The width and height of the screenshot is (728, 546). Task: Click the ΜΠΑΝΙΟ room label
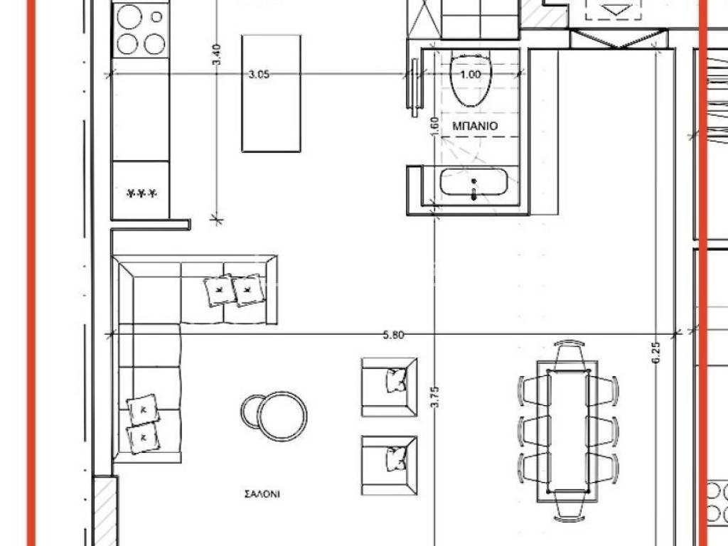pyautogui.click(x=474, y=126)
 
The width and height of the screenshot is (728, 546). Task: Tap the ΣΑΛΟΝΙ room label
pyautogui.click(x=262, y=494)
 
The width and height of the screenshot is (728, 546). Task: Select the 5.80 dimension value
pyautogui.click(x=393, y=335)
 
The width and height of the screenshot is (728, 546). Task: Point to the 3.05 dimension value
pyautogui.click(x=259, y=74)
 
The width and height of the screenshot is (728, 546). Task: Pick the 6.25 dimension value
pyautogui.click(x=655, y=354)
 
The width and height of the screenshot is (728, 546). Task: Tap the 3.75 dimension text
pyautogui.click(x=435, y=397)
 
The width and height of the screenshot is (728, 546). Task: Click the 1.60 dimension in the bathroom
pyautogui.click(x=434, y=127)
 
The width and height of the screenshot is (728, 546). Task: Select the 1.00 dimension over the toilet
pyautogui.click(x=470, y=74)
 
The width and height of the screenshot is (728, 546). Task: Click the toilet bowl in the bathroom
pyautogui.click(x=471, y=80)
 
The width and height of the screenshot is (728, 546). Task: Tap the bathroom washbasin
pyautogui.click(x=473, y=181)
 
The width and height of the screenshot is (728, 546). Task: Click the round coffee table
pyautogui.click(x=282, y=416)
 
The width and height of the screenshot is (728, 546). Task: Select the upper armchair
pyautogui.click(x=390, y=387)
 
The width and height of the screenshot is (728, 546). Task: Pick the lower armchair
pyautogui.click(x=390, y=465)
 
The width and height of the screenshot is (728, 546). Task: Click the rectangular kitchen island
pyautogui.click(x=271, y=93)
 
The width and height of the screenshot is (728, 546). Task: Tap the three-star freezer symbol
pyautogui.click(x=141, y=193)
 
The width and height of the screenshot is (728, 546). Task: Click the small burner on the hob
pyautogui.click(x=157, y=17)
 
